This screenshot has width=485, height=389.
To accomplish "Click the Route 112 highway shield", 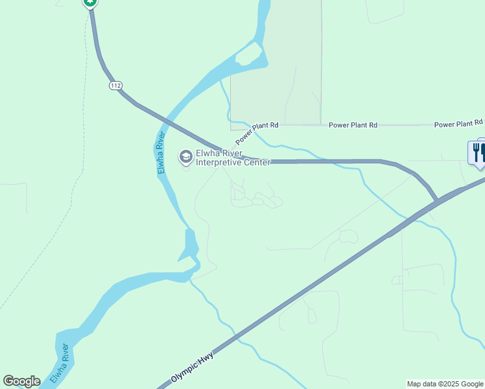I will click(116, 86).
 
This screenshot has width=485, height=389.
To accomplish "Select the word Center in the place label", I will click(257, 163).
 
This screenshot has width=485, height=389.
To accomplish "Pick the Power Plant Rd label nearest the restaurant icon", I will click(458, 123).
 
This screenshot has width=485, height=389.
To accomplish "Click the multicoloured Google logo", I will click(21, 381).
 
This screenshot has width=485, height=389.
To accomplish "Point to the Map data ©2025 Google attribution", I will click(445, 384).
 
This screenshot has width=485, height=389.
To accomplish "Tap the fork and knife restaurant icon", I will click(479, 153).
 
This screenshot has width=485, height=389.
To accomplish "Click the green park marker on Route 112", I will click(90, 3).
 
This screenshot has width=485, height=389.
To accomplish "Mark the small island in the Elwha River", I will click(250, 56).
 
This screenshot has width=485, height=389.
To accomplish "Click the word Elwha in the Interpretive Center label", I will click(209, 154).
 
